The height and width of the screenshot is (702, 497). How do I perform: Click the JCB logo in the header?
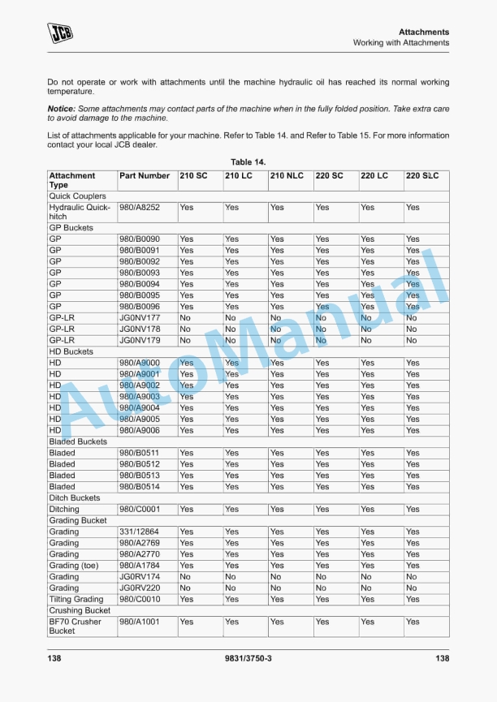[x=59, y=32]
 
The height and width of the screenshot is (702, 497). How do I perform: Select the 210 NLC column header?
[x=287, y=175]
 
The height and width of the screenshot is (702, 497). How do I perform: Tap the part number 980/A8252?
[x=139, y=207]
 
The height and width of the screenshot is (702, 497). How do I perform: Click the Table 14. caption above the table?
[x=248, y=162]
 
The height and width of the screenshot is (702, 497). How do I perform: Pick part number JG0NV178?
[x=139, y=329]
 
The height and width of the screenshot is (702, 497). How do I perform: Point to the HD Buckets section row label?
[x=71, y=352]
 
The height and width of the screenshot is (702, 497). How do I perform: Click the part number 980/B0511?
[x=139, y=453]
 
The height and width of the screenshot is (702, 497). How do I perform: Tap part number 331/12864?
[x=139, y=532]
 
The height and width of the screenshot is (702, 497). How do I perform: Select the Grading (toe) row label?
[x=74, y=566]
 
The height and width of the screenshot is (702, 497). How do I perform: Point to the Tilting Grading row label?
[x=76, y=600]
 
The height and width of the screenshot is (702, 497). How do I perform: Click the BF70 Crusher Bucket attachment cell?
[x=75, y=626]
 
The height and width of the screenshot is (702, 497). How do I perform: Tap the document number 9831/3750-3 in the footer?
[x=248, y=658]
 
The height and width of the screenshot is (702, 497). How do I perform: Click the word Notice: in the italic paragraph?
[x=62, y=109]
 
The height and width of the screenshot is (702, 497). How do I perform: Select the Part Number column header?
[x=145, y=175]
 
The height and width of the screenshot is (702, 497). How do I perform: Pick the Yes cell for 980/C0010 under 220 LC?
[x=367, y=600]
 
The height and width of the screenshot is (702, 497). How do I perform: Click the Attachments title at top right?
[x=424, y=32]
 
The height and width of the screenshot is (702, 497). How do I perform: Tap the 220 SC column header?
[x=329, y=175]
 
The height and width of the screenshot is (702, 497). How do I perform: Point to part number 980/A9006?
[x=139, y=430]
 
